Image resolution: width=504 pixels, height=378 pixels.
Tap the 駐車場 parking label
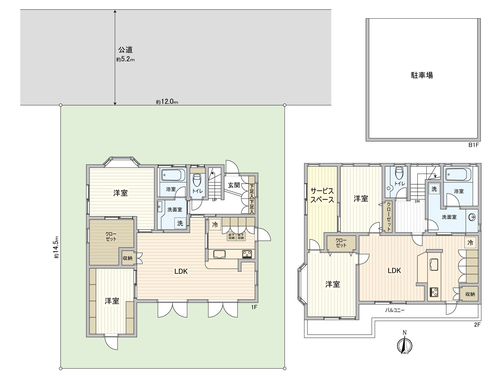(422, 75)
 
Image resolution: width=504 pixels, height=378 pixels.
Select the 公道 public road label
(125, 50)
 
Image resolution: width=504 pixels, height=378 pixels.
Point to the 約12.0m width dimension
(167, 102)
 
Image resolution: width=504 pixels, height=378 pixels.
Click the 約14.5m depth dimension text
(56, 247)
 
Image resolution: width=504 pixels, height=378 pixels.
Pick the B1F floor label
(473, 145)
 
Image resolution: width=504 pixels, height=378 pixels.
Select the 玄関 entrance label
(234, 185)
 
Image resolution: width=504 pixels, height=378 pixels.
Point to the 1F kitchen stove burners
(247, 254)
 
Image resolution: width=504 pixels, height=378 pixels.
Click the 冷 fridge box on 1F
(215, 225)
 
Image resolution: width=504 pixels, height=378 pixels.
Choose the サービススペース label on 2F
(322, 195)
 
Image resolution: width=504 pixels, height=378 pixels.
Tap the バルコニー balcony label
(395, 310)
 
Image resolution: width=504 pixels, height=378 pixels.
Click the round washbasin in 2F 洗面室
(472, 217)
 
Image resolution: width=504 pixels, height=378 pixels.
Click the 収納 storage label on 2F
(470, 294)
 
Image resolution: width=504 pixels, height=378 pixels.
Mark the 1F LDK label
(181, 271)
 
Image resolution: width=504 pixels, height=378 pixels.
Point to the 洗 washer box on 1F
(180, 223)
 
